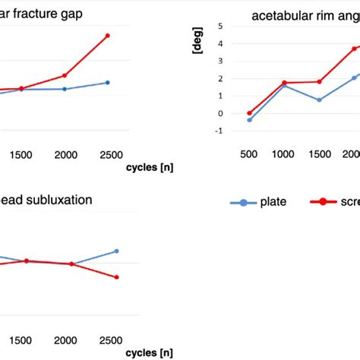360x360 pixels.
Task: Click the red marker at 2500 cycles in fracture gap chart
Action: tap(107, 36)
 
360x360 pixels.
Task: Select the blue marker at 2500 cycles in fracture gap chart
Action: tap(107, 82)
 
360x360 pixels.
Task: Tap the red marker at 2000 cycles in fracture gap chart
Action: tap(65, 75)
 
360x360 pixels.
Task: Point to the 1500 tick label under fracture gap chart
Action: tap(21, 155)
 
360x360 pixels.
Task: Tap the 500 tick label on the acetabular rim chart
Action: tap(248, 153)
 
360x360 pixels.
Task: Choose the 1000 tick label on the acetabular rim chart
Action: tap(283, 153)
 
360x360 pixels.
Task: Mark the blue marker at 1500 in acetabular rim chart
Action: tap(320, 100)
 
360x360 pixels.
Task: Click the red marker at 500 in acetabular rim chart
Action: tap(249, 113)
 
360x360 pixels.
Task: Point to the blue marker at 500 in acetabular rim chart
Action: tap(249, 120)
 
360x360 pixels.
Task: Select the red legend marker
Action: tap(322, 202)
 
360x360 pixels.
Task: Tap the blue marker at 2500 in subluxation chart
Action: tap(116, 251)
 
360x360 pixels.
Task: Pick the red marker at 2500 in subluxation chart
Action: tap(116, 277)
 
